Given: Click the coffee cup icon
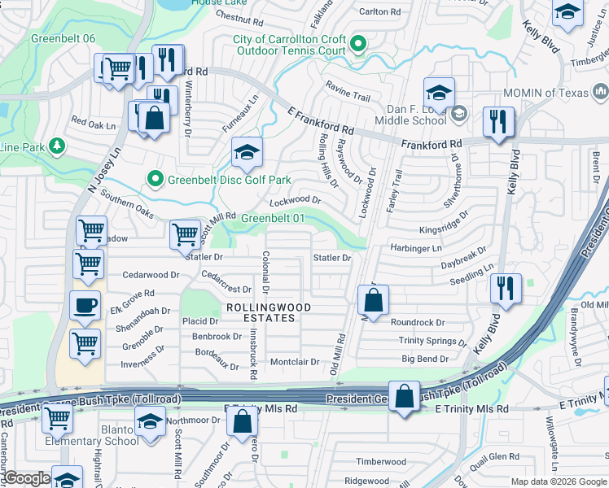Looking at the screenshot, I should coord(85,306).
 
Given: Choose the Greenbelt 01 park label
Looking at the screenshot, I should coord(274,218).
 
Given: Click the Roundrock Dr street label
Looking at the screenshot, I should coord(418,323).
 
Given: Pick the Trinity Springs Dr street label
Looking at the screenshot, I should coord(432,342).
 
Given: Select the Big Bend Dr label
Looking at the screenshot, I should coord(425,359).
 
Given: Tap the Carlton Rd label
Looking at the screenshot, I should coord(380,12).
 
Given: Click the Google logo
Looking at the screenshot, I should coord(26,478).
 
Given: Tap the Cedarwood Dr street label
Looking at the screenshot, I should coord(151,275).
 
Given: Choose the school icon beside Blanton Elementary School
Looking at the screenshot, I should coord(149,424).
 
